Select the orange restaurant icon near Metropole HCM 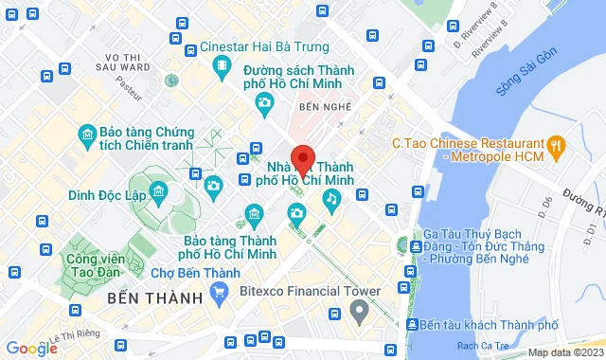point(557,146)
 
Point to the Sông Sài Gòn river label point(527,86)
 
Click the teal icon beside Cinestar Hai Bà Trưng point(222,64)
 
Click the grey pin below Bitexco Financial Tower point(358,312)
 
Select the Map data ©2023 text point(565,353)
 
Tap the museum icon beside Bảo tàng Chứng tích point(88,134)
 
